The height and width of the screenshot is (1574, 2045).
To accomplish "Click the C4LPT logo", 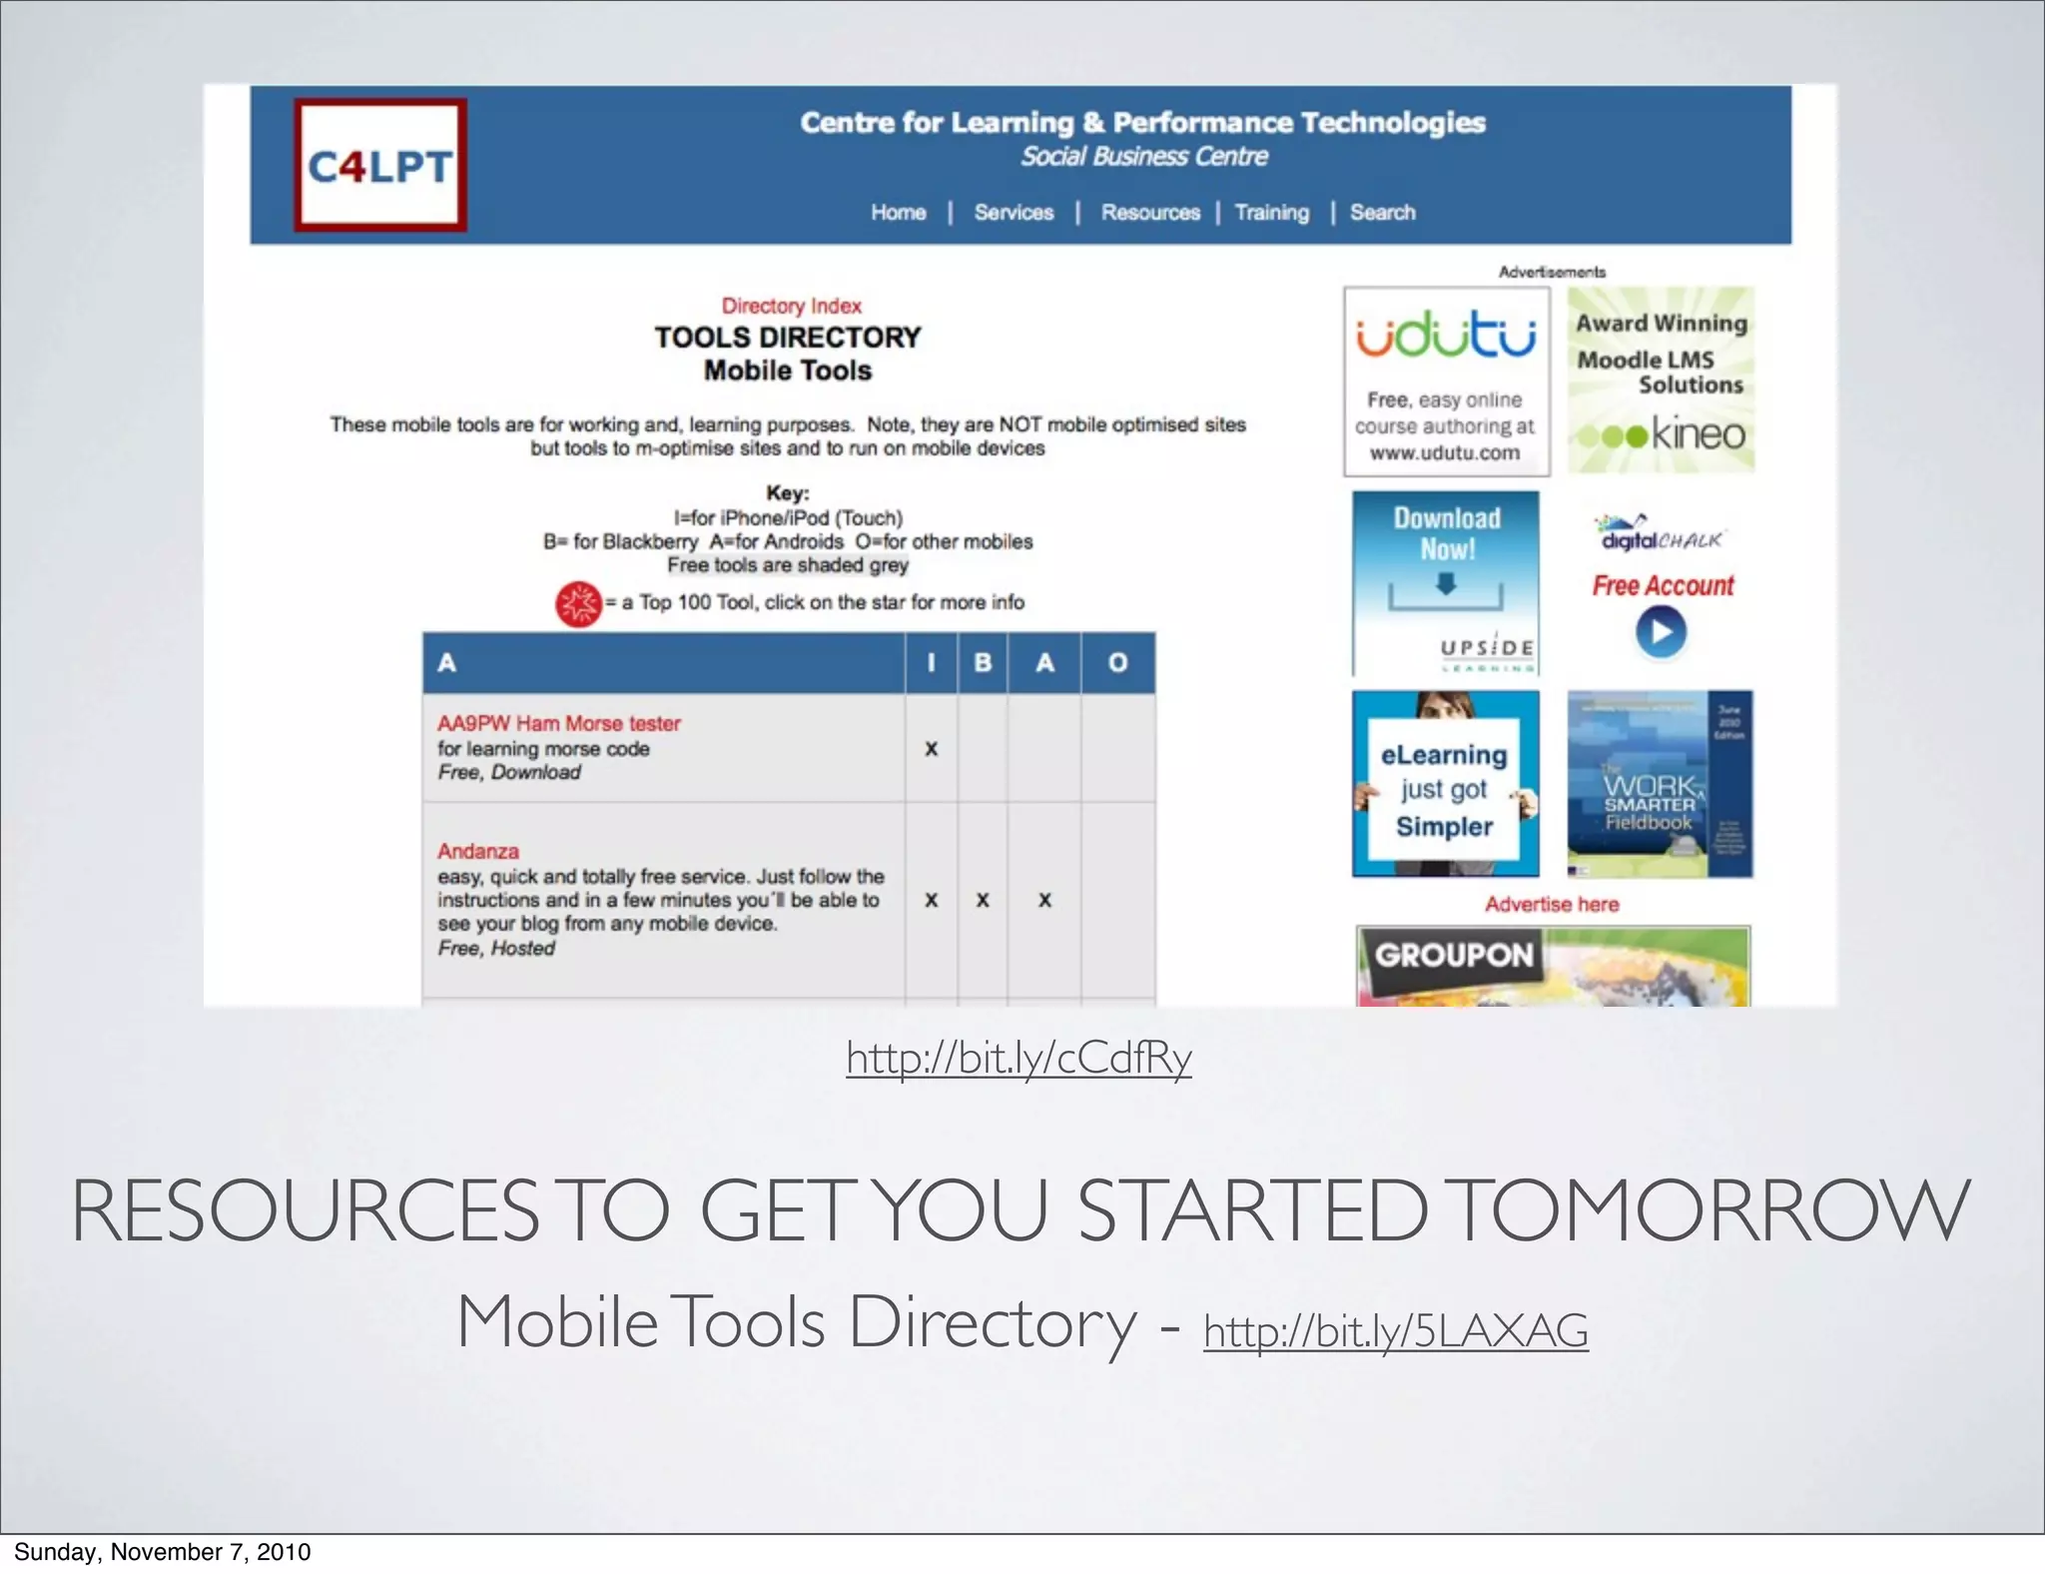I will pos(380,166).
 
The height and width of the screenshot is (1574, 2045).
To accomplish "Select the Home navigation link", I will pos(898,213).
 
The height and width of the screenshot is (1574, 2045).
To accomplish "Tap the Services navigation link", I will pos(1014,213).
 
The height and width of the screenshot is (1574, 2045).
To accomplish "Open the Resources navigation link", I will pos(1150,213).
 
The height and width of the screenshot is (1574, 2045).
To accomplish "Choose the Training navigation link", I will pos(1271,213).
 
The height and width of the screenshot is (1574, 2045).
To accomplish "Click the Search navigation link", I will pos(1382,213).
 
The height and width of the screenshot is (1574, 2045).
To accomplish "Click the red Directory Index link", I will pos(791,306).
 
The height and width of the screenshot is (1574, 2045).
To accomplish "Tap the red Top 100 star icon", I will pos(578,603).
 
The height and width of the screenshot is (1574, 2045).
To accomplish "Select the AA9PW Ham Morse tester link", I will pos(558,723).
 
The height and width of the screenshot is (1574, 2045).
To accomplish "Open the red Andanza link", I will pos(477,851).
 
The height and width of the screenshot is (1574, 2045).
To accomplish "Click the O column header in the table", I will pos(1117,662).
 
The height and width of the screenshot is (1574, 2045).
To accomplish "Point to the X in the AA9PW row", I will pos(931,749).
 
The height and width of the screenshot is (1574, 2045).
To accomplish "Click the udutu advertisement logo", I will pos(1445,336).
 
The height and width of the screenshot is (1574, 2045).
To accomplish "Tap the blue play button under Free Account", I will pos(1661,632).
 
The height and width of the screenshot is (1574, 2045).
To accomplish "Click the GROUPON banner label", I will pos(1453,955).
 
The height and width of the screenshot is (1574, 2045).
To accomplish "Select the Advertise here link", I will pos(1551,904).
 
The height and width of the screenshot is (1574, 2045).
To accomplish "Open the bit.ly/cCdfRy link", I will pos(1019,1058).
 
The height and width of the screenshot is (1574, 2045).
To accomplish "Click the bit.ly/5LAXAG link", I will pos(1395,1330).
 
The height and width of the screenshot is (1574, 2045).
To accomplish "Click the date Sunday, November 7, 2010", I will pos(162,1551).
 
